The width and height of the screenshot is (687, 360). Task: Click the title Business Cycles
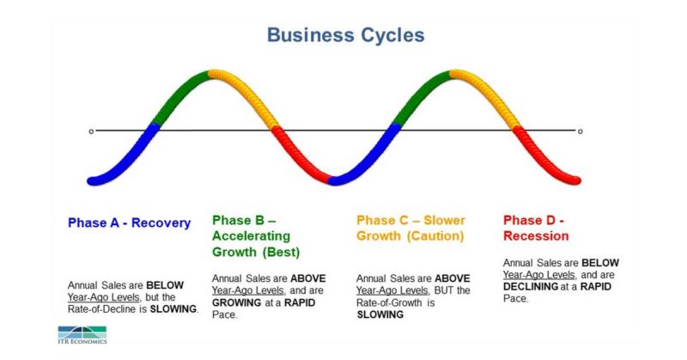[x=344, y=35]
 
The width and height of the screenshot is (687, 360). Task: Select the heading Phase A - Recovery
[x=129, y=223]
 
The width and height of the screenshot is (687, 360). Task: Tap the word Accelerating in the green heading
[x=252, y=236]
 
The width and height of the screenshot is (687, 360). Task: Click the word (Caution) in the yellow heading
[x=435, y=235]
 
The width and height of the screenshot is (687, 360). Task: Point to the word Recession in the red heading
[x=536, y=235]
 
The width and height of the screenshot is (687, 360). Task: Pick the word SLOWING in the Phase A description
[x=174, y=309]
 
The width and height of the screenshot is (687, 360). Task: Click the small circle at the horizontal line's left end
[x=90, y=131]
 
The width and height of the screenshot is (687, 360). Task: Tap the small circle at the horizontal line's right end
[x=580, y=131]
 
